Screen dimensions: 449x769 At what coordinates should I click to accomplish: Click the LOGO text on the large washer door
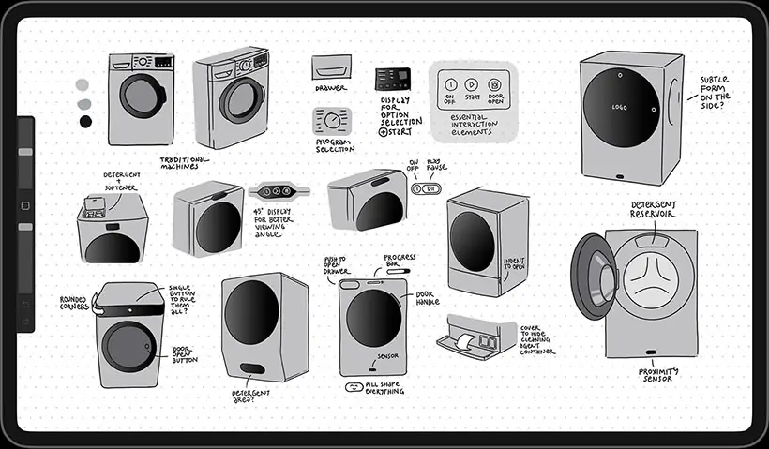pos(619,106)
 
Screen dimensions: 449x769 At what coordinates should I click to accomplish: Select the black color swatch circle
pos(85,121)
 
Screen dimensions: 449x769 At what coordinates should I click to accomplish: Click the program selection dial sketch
pos(333,122)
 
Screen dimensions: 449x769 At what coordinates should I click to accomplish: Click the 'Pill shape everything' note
pos(384,387)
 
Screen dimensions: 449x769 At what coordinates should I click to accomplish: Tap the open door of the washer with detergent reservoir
pos(589,277)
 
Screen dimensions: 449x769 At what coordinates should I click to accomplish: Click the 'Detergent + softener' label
pos(120,180)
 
